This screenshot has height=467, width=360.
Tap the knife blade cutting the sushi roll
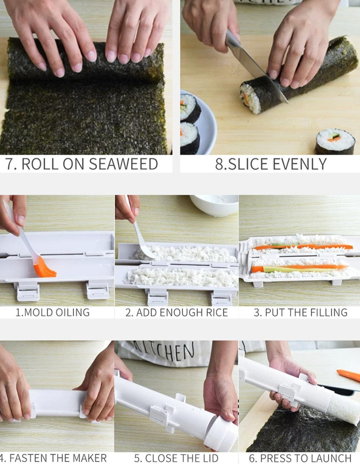coord(256,67)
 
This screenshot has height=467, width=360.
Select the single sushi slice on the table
coord(335,141)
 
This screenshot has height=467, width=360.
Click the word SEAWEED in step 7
coord(123,164)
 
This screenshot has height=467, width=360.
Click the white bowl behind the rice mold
coord(214,205)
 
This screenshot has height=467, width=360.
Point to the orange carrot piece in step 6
coord(348,375)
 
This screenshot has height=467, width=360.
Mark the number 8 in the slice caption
coord(219,164)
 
